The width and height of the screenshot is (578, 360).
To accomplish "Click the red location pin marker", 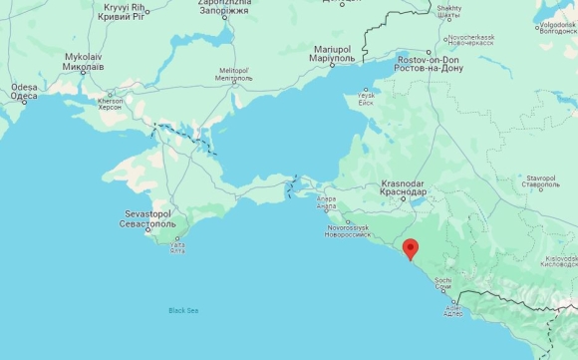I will [x=410, y=249].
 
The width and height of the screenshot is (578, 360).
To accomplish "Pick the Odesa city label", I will [x=24, y=92].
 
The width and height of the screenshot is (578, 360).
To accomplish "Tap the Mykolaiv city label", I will [x=85, y=63].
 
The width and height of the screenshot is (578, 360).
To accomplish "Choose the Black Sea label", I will [x=183, y=311].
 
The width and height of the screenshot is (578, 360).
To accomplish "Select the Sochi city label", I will [x=443, y=284].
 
